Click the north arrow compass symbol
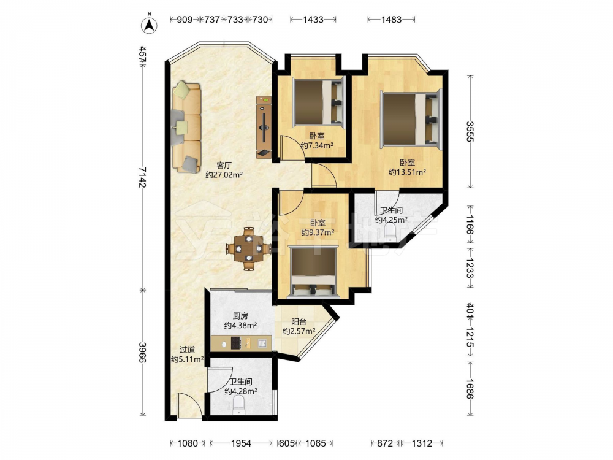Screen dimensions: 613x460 click(149, 25)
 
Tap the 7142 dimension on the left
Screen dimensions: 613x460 click(143, 177)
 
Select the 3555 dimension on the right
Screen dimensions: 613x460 click(470, 131)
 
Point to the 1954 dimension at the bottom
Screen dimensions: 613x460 click(241, 443)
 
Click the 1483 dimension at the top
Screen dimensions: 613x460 click(391, 19)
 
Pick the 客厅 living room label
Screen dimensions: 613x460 click(224, 165)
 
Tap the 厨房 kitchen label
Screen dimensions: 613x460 click(240, 316)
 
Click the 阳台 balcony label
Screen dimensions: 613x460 click(299, 322)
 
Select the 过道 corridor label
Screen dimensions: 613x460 click(187, 350)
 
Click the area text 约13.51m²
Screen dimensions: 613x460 click(407, 172)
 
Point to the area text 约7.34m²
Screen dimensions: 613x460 click(317, 145)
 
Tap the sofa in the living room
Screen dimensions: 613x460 click(186, 126)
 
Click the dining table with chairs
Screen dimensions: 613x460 click(248, 249)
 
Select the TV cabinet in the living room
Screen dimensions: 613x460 click(264, 127)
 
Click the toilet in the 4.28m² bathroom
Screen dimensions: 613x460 click(238, 405)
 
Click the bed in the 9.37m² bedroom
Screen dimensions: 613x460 click(313, 272)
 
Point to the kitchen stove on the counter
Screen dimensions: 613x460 click(236, 343)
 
